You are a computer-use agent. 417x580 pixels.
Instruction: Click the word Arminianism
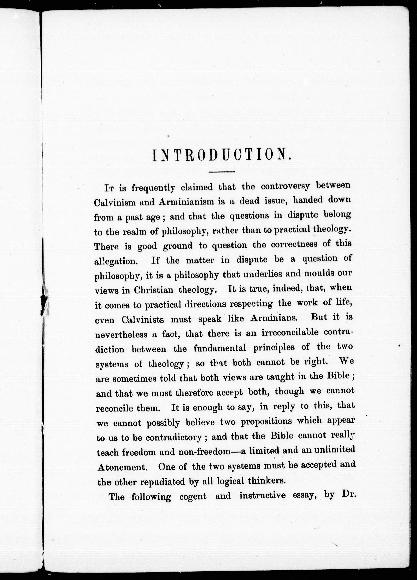[186, 202]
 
